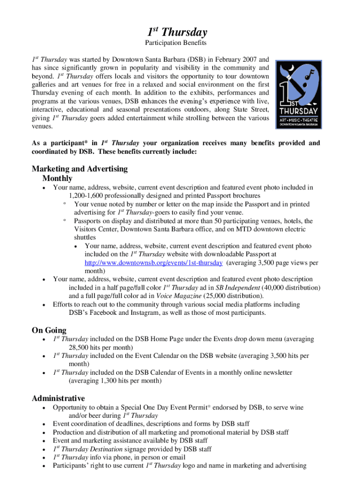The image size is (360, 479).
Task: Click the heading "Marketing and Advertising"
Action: click(79, 169)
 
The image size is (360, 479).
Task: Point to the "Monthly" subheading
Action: click(58, 179)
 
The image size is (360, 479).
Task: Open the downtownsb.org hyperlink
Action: click(153, 263)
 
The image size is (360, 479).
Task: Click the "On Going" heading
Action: click(49, 330)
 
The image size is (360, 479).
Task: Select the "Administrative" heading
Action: click(58, 399)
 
